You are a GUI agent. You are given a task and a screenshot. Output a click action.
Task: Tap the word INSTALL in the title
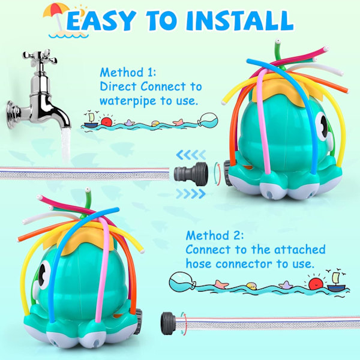point(240,20)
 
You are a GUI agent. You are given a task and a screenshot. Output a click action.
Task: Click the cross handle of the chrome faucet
point(40,57)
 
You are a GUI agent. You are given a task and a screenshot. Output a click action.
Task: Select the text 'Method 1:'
point(128,73)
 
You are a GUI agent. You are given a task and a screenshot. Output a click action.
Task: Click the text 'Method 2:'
point(215,235)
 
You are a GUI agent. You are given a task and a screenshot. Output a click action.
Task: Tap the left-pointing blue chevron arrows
point(191,155)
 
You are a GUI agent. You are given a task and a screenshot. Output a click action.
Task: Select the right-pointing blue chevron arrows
point(191,194)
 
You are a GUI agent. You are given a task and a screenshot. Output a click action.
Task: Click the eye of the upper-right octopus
point(323,127)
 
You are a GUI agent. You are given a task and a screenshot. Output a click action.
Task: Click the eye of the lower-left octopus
point(44,274)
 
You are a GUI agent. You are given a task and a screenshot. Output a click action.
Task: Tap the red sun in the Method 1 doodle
point(107,121)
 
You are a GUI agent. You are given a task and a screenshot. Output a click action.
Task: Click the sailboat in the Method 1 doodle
point(91,121)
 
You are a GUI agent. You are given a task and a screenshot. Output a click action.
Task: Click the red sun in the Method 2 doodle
point(316,284)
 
